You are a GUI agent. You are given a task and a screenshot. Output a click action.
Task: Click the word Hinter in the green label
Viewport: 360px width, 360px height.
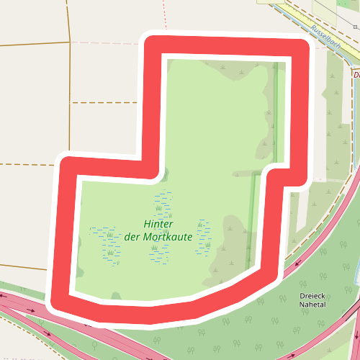pos(159,223)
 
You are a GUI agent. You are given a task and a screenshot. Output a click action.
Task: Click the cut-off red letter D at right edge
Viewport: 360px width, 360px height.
pos(356,74)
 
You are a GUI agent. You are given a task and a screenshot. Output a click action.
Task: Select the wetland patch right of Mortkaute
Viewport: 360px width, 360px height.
pos(204,238)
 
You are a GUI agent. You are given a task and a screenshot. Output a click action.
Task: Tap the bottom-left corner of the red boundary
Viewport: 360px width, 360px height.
pos(60,303)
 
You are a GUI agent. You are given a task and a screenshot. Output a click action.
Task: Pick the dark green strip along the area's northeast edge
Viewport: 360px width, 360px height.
pos(275,108)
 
